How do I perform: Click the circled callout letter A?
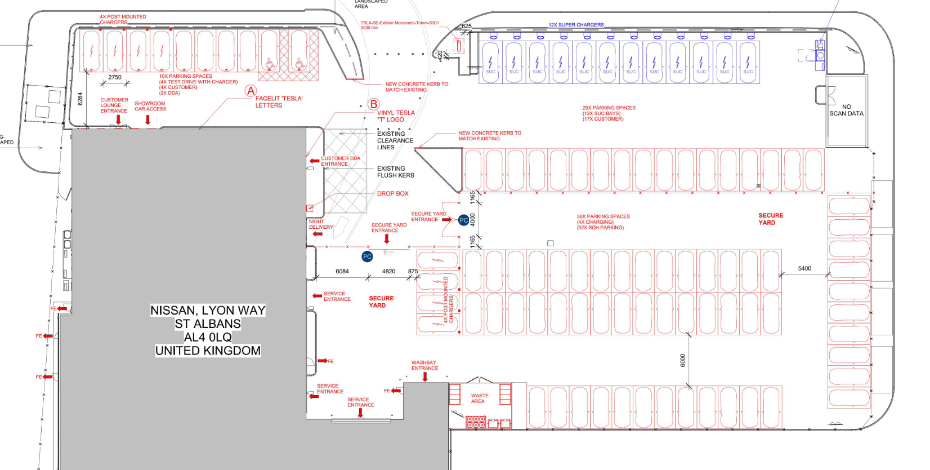[251, 91]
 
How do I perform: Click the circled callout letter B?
[374, 104]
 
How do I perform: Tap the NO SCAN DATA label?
[846, 110]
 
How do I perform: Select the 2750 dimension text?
[115, 77]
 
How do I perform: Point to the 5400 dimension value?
[804, 268]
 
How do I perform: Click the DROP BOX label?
[392, 193]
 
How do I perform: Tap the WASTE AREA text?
[479, 398]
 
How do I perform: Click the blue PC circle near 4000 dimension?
[463, 220]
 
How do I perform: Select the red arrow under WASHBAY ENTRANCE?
[425, 376]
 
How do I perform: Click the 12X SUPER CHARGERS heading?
[576, 25]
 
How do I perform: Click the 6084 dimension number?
[342, 271]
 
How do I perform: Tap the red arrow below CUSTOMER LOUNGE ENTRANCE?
[118, 119]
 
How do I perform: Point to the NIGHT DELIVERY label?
[320, 224]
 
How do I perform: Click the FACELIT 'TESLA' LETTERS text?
[279, 102]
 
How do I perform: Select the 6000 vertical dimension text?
[682, 360]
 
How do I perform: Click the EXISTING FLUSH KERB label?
[395, 172]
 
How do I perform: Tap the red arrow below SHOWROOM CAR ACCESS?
[148, 119]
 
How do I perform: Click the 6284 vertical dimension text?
[81, 99]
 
